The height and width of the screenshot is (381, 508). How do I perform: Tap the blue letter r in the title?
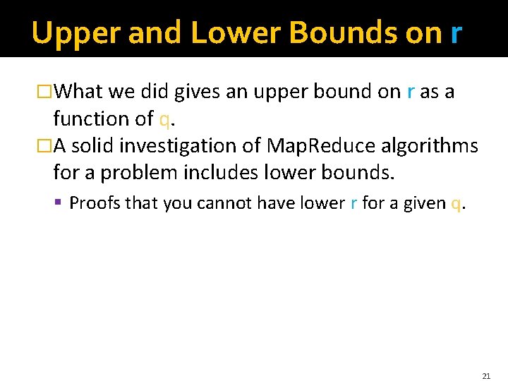[x=456, y=32]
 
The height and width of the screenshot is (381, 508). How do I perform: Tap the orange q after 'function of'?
[x=164, y=120]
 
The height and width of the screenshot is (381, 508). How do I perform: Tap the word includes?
[x=217, y=173]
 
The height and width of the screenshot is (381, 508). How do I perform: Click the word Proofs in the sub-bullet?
[x=96, y=204]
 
